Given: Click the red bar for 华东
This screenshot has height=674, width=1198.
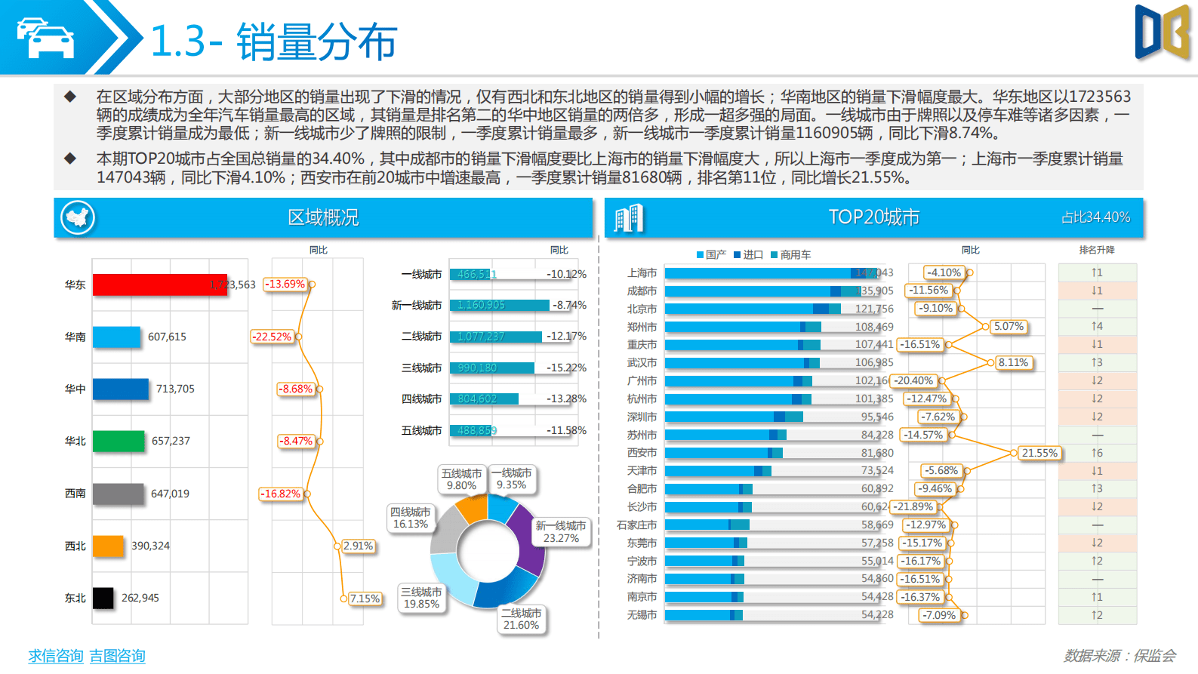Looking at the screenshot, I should click(x=159, y=285).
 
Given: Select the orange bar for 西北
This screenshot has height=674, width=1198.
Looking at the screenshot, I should click(x=108, y=546).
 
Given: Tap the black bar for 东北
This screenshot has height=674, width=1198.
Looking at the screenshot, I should click(x=103, y=598).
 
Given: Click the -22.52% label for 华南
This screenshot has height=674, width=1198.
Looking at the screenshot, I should click(x=272, y=337).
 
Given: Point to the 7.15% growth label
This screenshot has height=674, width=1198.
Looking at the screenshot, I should click(x=365, y=599).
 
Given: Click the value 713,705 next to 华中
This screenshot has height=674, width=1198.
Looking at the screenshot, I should click(x=175, y=389).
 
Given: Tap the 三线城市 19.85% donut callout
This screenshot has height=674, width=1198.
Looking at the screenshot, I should click(x=421, y=598).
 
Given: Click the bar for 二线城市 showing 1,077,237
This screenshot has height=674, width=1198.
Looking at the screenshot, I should click(x=495, y=337).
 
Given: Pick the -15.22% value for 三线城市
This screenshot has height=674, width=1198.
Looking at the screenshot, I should click(x=566, y=368).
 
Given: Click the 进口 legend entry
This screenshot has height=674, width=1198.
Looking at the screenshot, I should click(x=748, y=255).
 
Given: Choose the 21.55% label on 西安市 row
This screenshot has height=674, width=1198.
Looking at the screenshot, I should click(x=1039, y=453).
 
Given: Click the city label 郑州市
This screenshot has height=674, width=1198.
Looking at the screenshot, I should click(x=642, y=327).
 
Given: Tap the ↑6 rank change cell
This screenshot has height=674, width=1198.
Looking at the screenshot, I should click(x=1097, y=453).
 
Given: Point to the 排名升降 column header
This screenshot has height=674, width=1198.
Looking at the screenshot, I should click(x=1096, y=250).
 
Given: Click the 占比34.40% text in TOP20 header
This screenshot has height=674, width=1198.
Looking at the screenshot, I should click(x=1095, y=217).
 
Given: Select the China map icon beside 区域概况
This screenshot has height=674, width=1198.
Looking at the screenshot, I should click(x=78, y=218).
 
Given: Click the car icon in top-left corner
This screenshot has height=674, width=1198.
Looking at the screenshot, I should click(x=45, y=38).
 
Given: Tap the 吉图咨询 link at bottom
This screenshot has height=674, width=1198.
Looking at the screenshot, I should click(x=117, y=656).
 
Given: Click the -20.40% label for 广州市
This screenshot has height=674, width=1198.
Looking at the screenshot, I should click(x=914, y=381).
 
